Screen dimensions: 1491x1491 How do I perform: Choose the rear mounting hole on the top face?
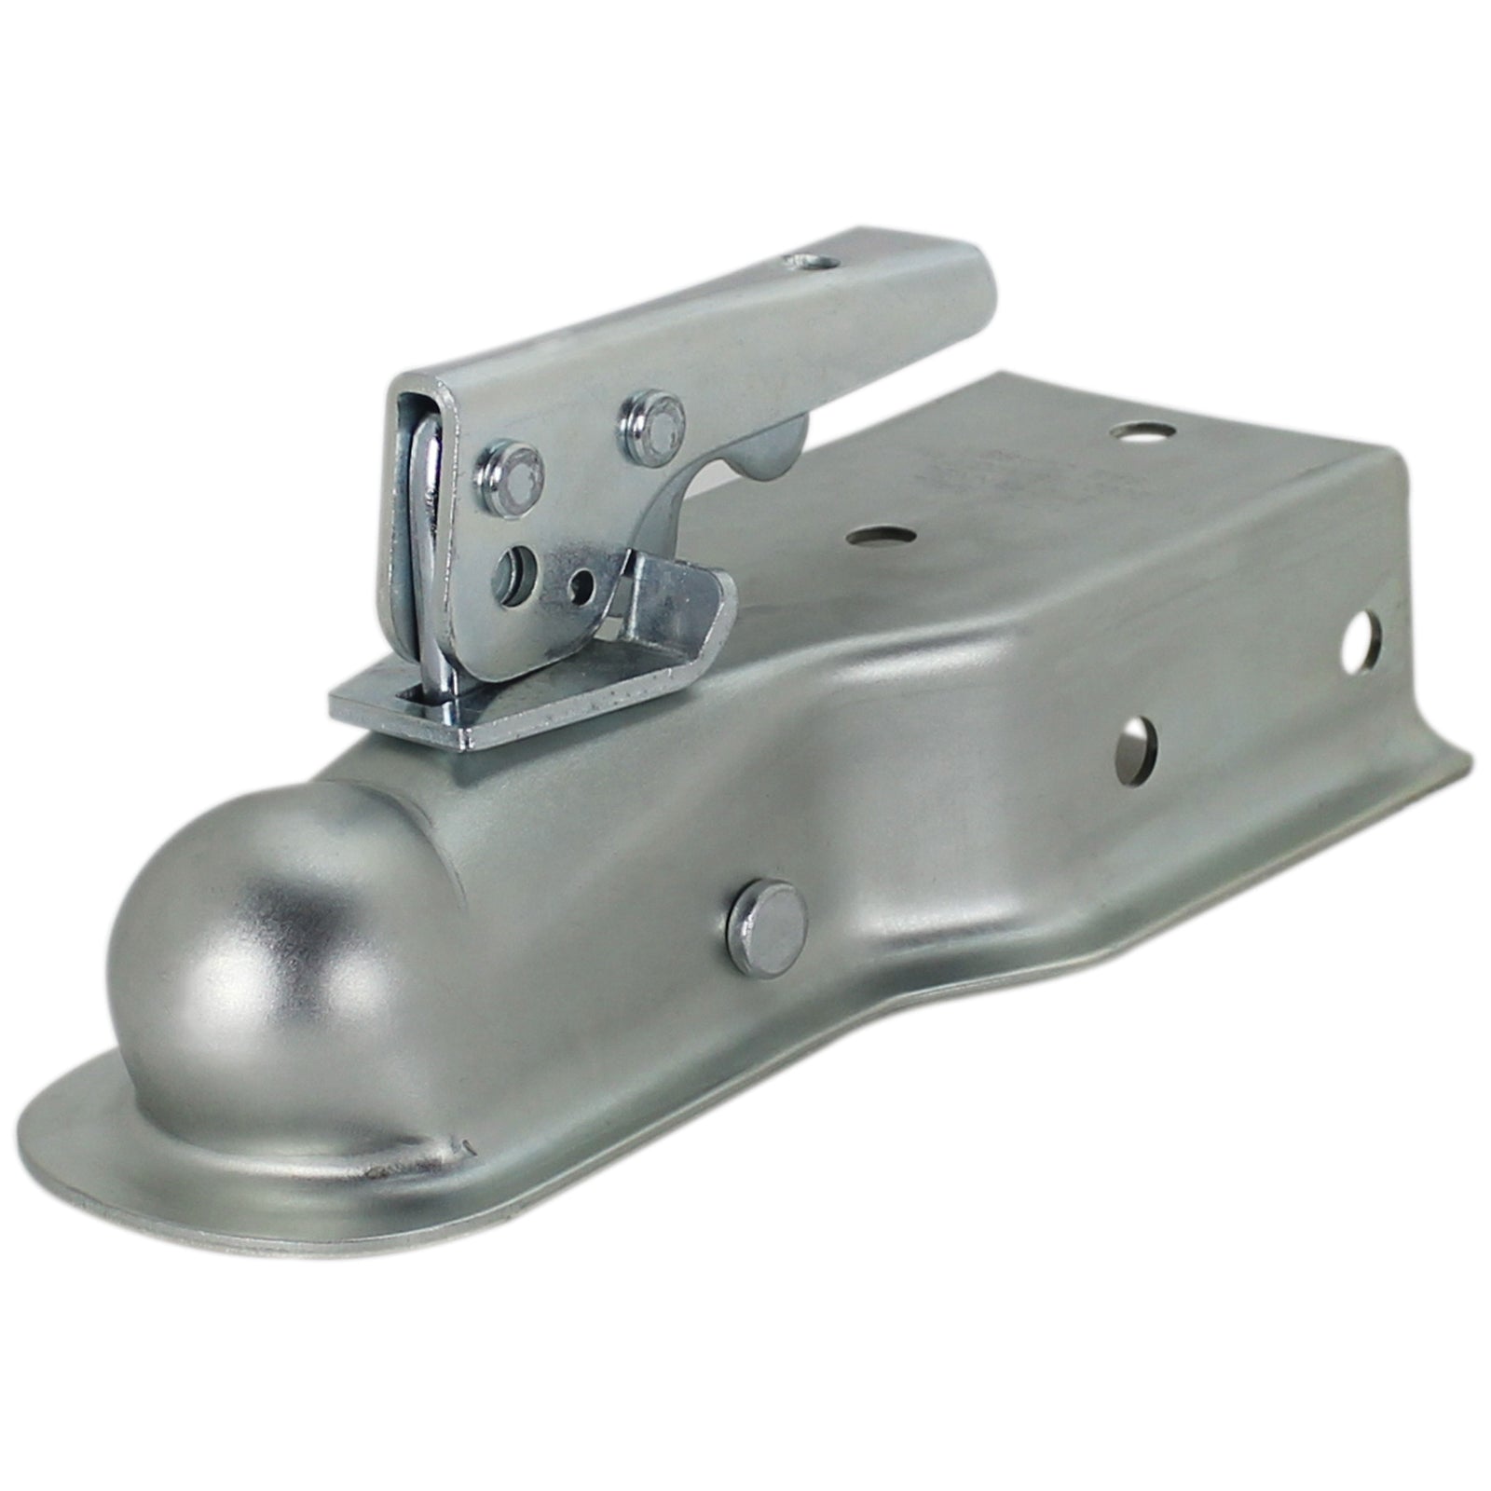[x=1134, y=431]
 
